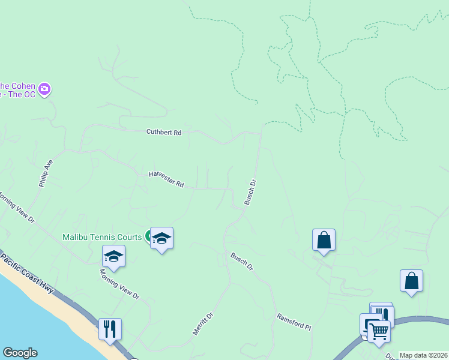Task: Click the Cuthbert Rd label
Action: pos(164,132)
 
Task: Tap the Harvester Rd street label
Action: pos(166,179)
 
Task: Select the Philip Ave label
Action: pos(46,173)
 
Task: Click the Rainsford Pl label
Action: pos(294,322)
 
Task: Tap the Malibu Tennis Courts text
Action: pos(102,237)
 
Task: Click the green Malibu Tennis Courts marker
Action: pos(148,236)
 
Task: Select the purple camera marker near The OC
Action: pos(44,89)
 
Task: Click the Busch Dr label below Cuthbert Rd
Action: pos(250,193)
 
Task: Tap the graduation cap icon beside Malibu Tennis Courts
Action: pos(161,238)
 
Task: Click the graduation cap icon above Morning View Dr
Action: pos(113,256)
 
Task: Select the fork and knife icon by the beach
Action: pos(110,329)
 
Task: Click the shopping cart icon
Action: pos(379,330)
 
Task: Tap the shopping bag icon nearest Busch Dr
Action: pos(324,239)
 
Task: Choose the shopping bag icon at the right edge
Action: pos(411,280)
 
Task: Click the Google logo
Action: pos(20,353)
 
